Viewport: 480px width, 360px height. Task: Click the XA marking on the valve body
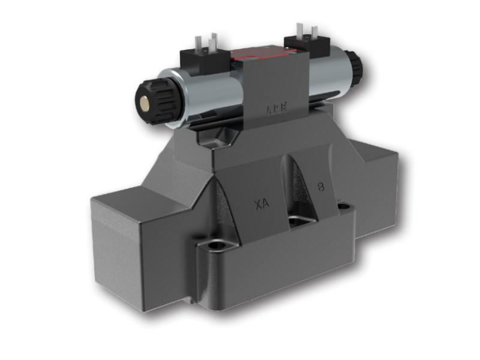(262, 203)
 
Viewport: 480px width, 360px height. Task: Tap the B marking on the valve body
(321, 187)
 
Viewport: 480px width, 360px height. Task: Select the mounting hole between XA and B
(298, 221)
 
